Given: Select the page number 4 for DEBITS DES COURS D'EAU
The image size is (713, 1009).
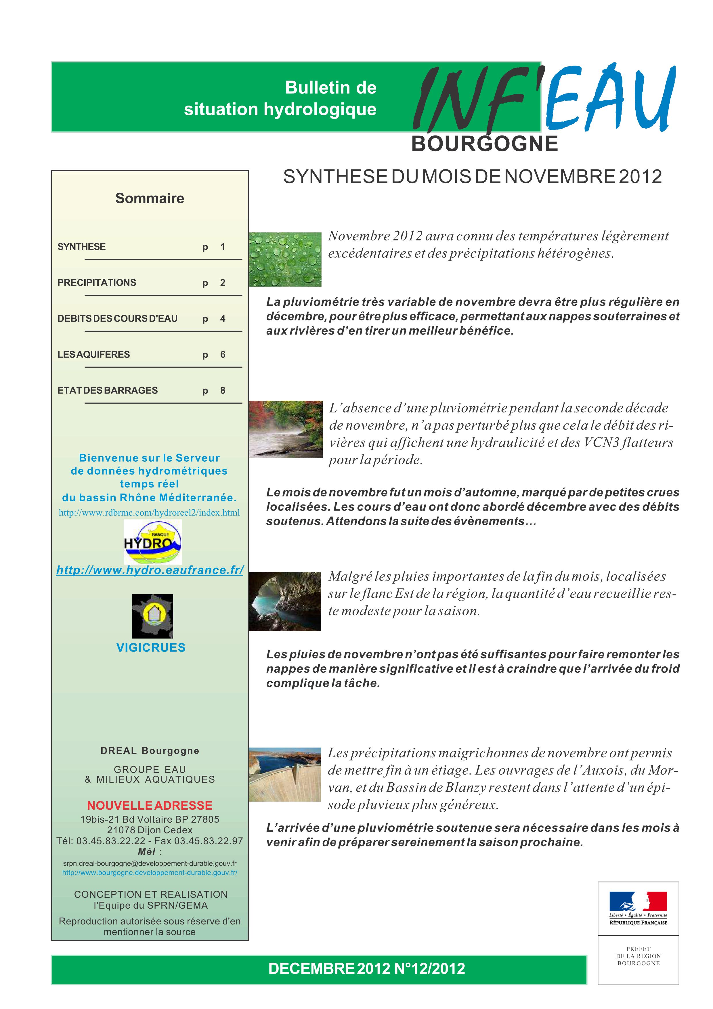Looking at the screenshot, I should coord(223,319).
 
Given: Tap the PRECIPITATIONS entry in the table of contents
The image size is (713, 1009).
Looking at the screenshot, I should coord(97,282).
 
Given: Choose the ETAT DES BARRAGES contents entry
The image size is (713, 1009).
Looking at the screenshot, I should coord(108,390).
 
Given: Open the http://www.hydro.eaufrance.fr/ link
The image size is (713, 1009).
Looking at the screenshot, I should coord(150,570).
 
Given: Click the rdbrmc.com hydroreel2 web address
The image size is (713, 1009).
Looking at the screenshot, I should coord(149,513).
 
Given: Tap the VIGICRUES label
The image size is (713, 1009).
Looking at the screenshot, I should coord(151,647).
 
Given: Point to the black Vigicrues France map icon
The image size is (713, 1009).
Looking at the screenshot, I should coord(152,616).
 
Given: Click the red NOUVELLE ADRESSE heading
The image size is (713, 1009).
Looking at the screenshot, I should coord(149,806).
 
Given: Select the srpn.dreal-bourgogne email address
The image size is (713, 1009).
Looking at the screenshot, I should coord(149,863).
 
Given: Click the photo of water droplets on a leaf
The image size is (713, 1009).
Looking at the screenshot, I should coord(285,259).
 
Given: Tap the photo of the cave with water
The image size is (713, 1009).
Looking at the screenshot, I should coord(285,602).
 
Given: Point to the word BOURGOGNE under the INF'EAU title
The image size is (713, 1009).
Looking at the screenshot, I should coord(485,144).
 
